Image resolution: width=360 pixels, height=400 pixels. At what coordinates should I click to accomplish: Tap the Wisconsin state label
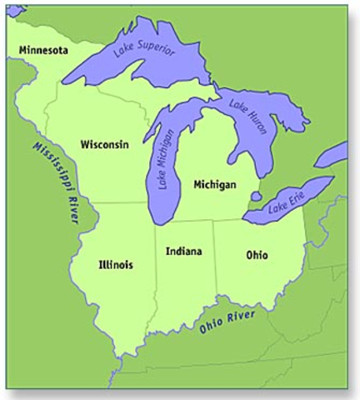pos(104,144)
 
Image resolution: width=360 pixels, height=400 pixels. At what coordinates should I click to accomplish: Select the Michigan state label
pos(214,183)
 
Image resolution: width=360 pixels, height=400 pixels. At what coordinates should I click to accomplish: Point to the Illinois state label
pos(115,264)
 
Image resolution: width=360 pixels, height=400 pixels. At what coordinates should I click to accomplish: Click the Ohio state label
pos(257,255)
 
